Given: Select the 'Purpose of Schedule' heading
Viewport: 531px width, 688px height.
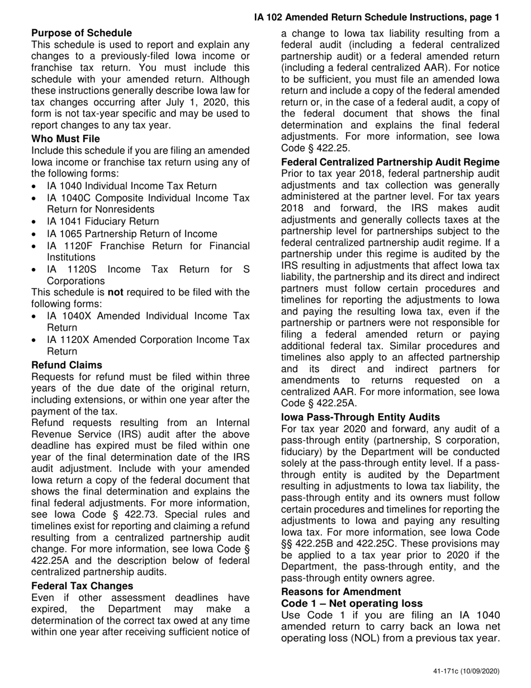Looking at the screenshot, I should coord(82,33).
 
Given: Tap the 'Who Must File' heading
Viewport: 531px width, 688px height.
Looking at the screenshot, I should coord(66,139).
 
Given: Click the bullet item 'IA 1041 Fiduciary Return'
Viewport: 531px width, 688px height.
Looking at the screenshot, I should coord(103,222).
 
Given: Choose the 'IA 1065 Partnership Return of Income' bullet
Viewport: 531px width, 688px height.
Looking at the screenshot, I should coord(132,234).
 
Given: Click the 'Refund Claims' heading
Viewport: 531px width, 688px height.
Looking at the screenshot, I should coord(67,365).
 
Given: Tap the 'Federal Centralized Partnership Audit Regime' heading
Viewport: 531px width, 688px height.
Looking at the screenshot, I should coord(390,162).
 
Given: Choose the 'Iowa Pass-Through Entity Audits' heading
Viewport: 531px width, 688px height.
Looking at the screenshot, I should coord(361,417).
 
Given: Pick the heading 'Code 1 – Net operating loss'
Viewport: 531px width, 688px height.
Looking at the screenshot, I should coord(352,603).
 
